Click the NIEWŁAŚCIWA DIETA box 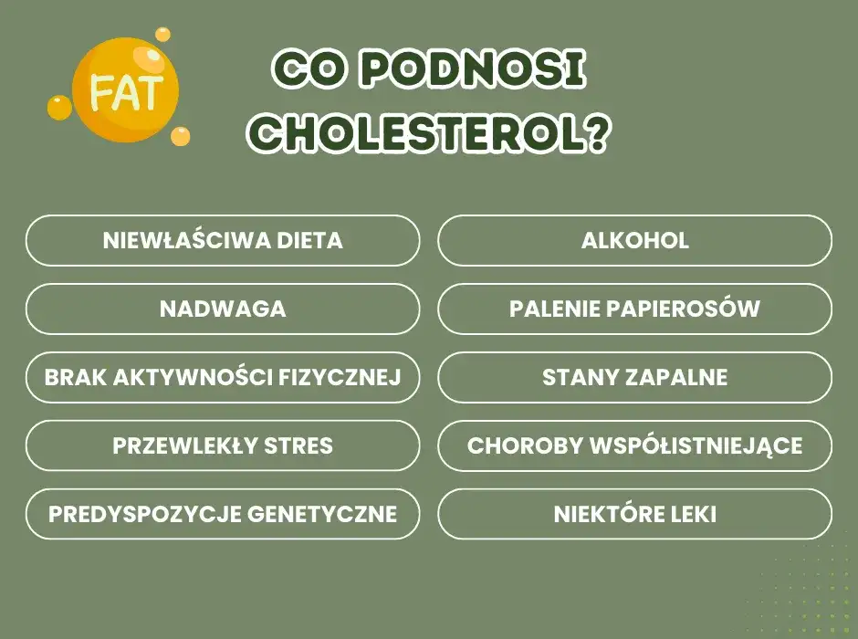[223, 241]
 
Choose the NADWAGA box [223, 309]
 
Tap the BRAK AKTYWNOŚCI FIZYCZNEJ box [223, 378]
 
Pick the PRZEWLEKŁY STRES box [223, 446]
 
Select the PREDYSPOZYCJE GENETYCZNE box [223, 515]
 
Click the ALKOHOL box [635, 241]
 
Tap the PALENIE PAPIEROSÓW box [635, 309]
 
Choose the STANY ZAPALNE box [635, 378]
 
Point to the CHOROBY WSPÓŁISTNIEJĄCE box [635, 446]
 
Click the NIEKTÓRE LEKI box [635, 515]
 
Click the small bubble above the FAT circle [162, 34]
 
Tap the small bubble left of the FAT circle [59, 108]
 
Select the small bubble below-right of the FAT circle [181, 136]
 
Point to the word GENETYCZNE [322, 515]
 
